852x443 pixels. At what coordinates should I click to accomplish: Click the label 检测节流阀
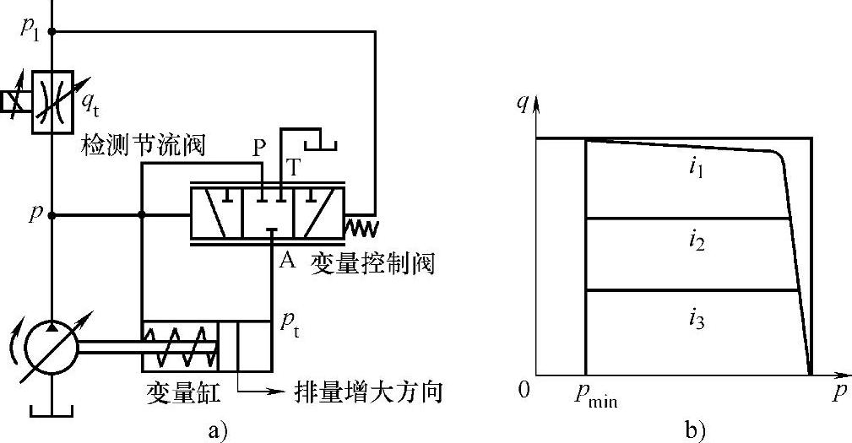(x=143, y=145)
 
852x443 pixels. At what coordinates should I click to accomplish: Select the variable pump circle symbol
(x=52, y=347)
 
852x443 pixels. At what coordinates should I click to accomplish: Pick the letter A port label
(x=286, y=261)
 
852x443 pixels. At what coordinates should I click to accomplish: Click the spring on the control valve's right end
(x=361, y=226)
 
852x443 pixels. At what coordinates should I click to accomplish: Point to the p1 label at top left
(x=32, y=29)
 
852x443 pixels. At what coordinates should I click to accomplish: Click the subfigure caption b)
(x=695, y=430)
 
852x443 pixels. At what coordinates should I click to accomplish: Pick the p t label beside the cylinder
(x=290, y=325)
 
